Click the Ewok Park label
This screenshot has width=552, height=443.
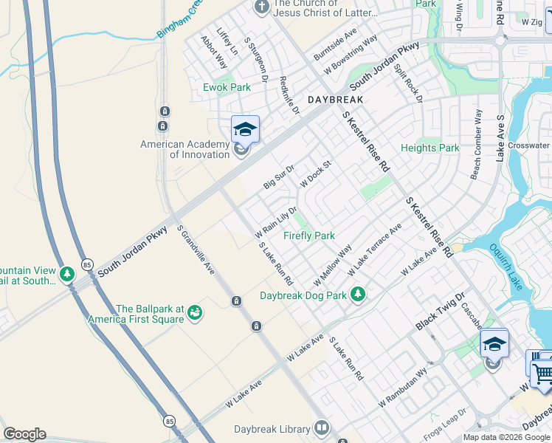tap(227, 87)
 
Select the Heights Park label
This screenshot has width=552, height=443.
tap(430, 148)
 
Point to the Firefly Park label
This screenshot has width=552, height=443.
tap(309, 236)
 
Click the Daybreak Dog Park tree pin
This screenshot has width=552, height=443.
tap(358, 295)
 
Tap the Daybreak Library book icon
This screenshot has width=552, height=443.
tap(322, 428)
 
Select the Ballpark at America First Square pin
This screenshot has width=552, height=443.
tap(195, 314)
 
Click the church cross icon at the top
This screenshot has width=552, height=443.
tap(262, 7)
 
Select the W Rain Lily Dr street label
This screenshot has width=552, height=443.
tap(275, 221)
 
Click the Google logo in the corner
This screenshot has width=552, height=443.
tap(24, 434)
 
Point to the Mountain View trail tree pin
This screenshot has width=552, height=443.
tap(67, 275)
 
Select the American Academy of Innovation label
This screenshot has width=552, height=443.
tap(185, 149)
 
